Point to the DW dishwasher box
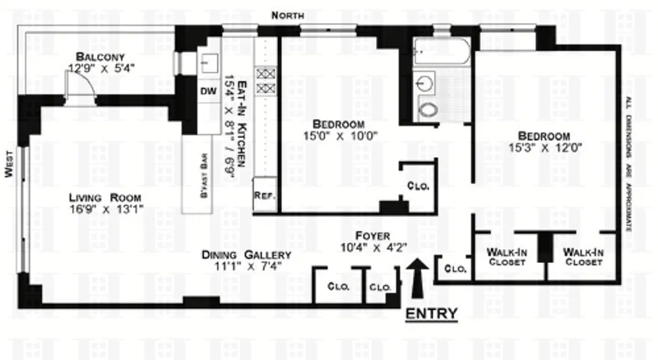click(206, 92)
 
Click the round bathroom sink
click(425, 83)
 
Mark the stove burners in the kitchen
click(266, 80)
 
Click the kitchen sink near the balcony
click(209, 61)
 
